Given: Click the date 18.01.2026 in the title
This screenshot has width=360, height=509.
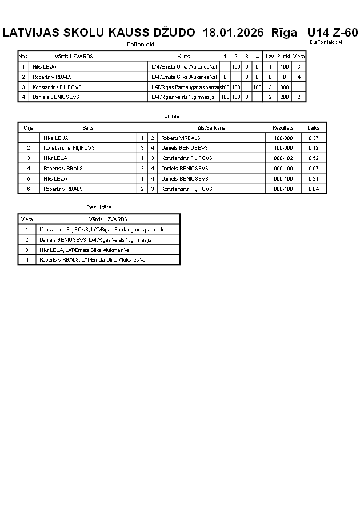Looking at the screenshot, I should pyautogui.click(x=233, y=33).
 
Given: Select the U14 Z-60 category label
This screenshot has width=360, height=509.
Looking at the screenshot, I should pyautogui.click(x=332, y=33).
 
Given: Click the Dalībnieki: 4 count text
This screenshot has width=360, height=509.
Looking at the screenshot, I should pyautogui.click(x=326, y=42).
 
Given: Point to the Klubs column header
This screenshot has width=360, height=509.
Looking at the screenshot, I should pyautogui.click(x=183, y=57).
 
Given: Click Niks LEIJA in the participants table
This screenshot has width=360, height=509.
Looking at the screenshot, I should pyautogui.click(x=45, y=67).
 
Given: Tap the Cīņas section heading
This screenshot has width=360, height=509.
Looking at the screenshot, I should pyautogui.click(x=171, y=116).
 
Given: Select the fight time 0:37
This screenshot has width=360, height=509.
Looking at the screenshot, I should pyautogui.click(x=314, y=138).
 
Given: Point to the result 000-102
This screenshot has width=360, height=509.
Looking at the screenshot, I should pyautogui.click(x=283, y=158).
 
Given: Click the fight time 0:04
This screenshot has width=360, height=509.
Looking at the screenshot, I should pyautogui.click(x=314, y=189).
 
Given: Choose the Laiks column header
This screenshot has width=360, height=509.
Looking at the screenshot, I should pyautogui.click(x=314, y=128).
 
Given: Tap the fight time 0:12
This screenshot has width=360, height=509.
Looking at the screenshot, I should pyautogui.click(x=314, y=147).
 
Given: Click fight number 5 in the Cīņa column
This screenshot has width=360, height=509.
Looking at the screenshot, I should pyautogui.click(x=29, y=178).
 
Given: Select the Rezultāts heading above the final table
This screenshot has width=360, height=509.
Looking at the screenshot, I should pyautogui.click(x=99, y=207).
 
